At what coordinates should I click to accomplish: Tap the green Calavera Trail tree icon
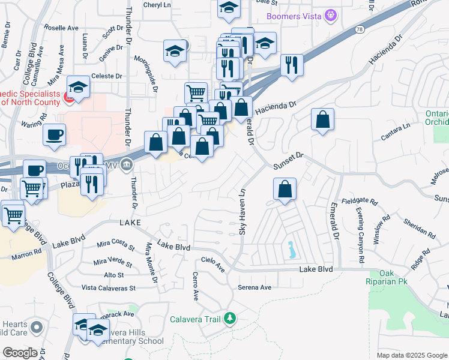[x=229, y=318]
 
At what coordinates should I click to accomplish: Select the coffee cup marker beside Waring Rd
[x=55, y=134]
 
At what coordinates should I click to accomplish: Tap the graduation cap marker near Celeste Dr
[x=78, y=87]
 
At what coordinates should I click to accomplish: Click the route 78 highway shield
[x=359, y=28]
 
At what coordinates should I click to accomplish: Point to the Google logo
[x=20, y=353]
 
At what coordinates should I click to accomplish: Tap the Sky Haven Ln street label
[x=243, y=212]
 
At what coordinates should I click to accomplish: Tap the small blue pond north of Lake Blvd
[x=291, y=249]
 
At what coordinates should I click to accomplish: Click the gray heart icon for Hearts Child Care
[x=37, y=327]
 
